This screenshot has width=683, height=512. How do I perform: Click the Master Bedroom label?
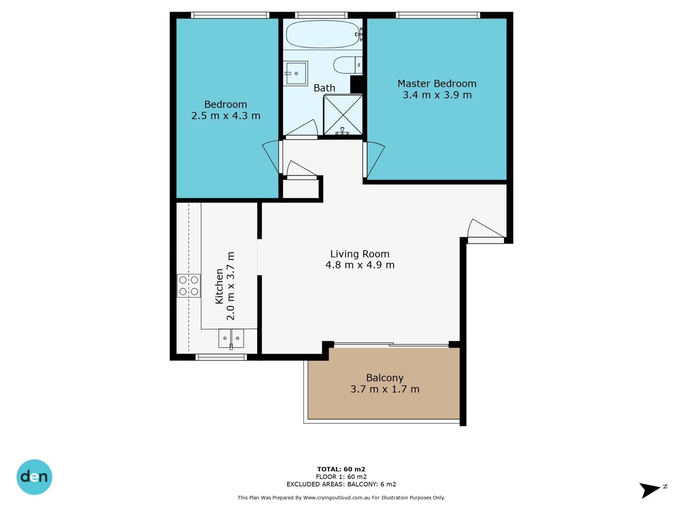tap(437, 84)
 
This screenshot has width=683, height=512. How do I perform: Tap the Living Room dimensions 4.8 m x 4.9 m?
tap(360, 265)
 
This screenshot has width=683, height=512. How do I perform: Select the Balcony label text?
tap(385, 378)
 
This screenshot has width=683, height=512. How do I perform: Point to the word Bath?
tap(324, 88)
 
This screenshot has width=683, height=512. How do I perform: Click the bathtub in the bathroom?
tap(323, 34)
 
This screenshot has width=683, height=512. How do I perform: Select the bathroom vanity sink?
tap(296, 73)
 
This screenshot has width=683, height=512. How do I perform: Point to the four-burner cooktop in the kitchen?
tap(189, 286)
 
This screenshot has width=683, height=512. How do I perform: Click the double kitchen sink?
tap(231, 338)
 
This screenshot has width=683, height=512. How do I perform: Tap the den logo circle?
tap(35, 477)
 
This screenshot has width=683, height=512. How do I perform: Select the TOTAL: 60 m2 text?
tap(341, 469)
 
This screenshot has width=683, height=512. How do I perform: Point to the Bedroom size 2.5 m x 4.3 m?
tap(226, 116)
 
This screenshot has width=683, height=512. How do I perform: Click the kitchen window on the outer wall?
tap(221, 357)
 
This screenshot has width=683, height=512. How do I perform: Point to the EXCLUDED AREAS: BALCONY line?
tap(341, 484)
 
